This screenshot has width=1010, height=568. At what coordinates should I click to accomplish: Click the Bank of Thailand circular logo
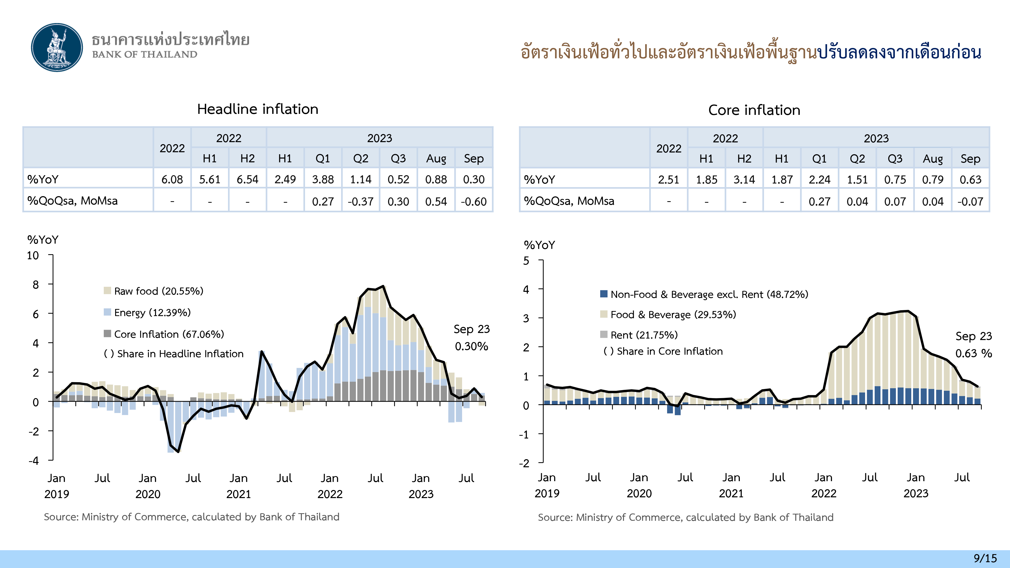pos(57,47)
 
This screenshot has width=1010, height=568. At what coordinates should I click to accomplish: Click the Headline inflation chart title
pos(258,109)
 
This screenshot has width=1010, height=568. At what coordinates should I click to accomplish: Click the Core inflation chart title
pos(754,110)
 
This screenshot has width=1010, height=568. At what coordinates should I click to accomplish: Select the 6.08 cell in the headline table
pos(172,179)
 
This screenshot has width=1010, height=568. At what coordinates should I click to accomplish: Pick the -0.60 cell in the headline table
pos(474,201)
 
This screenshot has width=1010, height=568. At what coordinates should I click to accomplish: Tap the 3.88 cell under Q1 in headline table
pos(323,179)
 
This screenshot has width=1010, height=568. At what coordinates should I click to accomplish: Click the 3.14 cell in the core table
pos(744,180)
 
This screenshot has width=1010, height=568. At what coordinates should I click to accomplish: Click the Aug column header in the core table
pos(932,159)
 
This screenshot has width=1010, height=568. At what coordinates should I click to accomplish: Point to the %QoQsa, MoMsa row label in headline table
pos(72,201)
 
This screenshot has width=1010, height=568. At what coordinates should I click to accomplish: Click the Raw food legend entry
pos(158,291)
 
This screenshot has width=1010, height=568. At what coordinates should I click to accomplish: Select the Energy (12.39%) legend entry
pos(152,313)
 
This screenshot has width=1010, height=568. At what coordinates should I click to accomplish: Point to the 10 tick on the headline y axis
pos(33,255)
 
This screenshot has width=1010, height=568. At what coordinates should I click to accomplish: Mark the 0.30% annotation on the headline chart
pos(471,346)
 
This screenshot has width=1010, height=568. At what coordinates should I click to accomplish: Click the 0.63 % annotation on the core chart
pos(973,353)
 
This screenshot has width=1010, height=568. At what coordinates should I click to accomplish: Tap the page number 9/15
pos(985,558)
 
